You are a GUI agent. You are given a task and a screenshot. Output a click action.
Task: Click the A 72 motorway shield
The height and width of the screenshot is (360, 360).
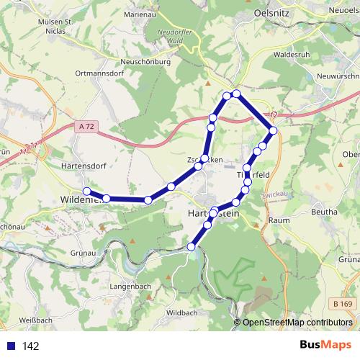pos(86,127)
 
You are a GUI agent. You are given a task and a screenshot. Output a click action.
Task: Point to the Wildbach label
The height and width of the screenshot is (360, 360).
pos(181,313)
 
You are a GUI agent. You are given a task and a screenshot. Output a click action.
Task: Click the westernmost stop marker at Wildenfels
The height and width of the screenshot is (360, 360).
pos(87,191)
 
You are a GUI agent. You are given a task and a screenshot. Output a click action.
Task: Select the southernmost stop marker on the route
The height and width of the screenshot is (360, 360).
pos(192,247)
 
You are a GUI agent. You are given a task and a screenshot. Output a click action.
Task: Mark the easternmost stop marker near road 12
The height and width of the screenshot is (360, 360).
pos(273,130)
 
